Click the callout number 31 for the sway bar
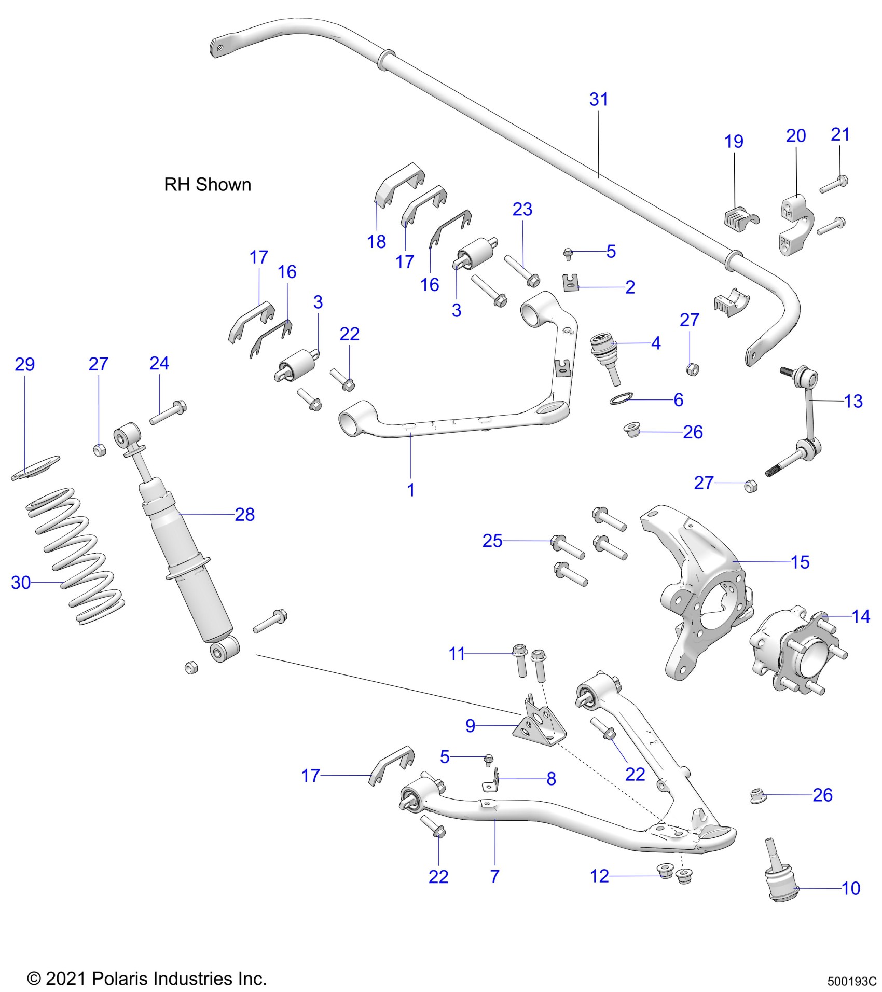[598, 99]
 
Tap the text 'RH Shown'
[208, 185]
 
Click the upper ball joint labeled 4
[604, 350]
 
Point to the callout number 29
[25, 364]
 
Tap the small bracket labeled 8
[492, 783]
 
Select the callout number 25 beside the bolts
[492, 541]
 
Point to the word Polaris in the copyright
[118, 979]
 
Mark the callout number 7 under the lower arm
[494, 876]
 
